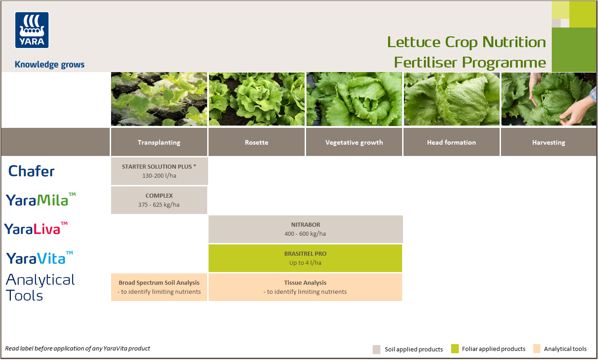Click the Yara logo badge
pos(32,30)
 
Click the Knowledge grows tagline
pos(49,64)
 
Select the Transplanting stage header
pos(159,142)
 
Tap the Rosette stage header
pos(257,142)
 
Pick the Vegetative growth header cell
pos(354,142)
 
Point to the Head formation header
pos(451,142)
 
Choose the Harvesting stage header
pos(549,142)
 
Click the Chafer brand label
pos(31,171)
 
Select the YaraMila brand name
pos(40,199)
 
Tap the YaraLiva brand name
pos(35,229)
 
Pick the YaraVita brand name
pos(39,258)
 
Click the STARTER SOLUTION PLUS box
pos(159,171)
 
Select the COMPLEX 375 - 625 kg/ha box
pos(159,200)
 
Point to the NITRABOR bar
pos(306,229)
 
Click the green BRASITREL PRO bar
pos(306,258)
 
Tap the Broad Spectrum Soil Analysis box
pos(159,287)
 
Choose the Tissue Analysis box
pos(305,287)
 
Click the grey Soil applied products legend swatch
pos(377,349)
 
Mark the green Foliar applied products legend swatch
pos(455,349)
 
